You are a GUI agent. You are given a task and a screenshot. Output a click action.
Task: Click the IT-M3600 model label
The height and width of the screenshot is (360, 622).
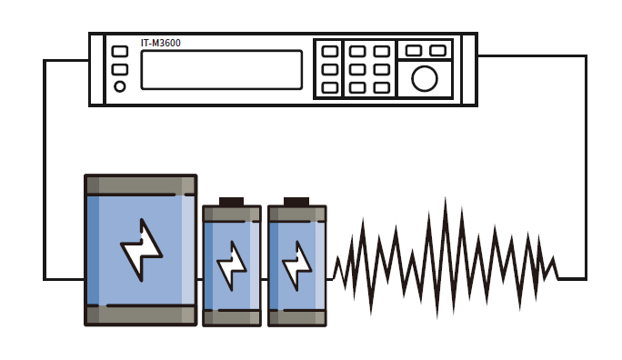pyautogui.click(x=161, y=43)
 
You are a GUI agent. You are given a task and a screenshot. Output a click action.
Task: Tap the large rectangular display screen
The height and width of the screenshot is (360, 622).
pyautogui.click(x=222, y=70)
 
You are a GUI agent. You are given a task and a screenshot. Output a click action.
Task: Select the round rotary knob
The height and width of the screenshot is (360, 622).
pyautogui.click(x=425, y=78)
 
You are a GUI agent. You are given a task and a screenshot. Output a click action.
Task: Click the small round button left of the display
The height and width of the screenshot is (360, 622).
pyautogui.click(x=120, y=86)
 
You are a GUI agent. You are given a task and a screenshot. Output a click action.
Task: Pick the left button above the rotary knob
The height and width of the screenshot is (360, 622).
pyautogui.click(x=414, y=51)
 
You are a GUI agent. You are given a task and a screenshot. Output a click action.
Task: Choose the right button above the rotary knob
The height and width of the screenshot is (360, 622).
pyautogui.click(x=438, y=51)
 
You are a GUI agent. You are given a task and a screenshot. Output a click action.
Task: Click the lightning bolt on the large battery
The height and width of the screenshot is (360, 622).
pyautogui.click(x=142, y=250)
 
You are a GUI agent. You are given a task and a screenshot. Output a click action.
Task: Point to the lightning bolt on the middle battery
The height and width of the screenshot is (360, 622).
pyautogui.click(x=232, y=265)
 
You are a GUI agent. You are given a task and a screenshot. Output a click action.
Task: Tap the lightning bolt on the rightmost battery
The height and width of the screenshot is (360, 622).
pyautogui.click(x=296, y=265)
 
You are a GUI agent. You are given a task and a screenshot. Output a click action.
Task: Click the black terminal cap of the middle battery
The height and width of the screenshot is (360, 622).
pyautogui.click(x=231, y=202)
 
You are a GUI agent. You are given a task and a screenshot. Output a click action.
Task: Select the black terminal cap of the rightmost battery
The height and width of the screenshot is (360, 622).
pyautogui.click(x=296, y=202)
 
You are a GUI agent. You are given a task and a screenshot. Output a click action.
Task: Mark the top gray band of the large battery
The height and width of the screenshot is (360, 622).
pyautogui.click(x=141, y=185)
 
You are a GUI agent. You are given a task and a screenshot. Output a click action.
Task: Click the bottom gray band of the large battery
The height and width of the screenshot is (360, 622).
pyautogui.click(x=141, y=315)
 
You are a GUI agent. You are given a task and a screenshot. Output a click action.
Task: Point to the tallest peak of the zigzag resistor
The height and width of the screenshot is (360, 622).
pyautogui.click(x=445, y=198)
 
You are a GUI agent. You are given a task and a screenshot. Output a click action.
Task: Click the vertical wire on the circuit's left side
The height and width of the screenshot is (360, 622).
pyautogui.click(x=45, y=170)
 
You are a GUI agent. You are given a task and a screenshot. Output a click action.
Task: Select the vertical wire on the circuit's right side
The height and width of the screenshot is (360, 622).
pyautogui.click(x=586, y=167)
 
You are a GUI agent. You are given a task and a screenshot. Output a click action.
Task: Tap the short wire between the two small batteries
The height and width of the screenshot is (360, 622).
pyautogui.click(x=265, y=279)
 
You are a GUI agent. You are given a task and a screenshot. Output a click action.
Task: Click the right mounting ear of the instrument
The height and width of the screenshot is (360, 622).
pyautogui.click(x=469, y=69)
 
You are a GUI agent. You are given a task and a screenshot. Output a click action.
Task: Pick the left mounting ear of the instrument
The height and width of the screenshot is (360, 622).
pyautogui.click(x=96, y=69)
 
